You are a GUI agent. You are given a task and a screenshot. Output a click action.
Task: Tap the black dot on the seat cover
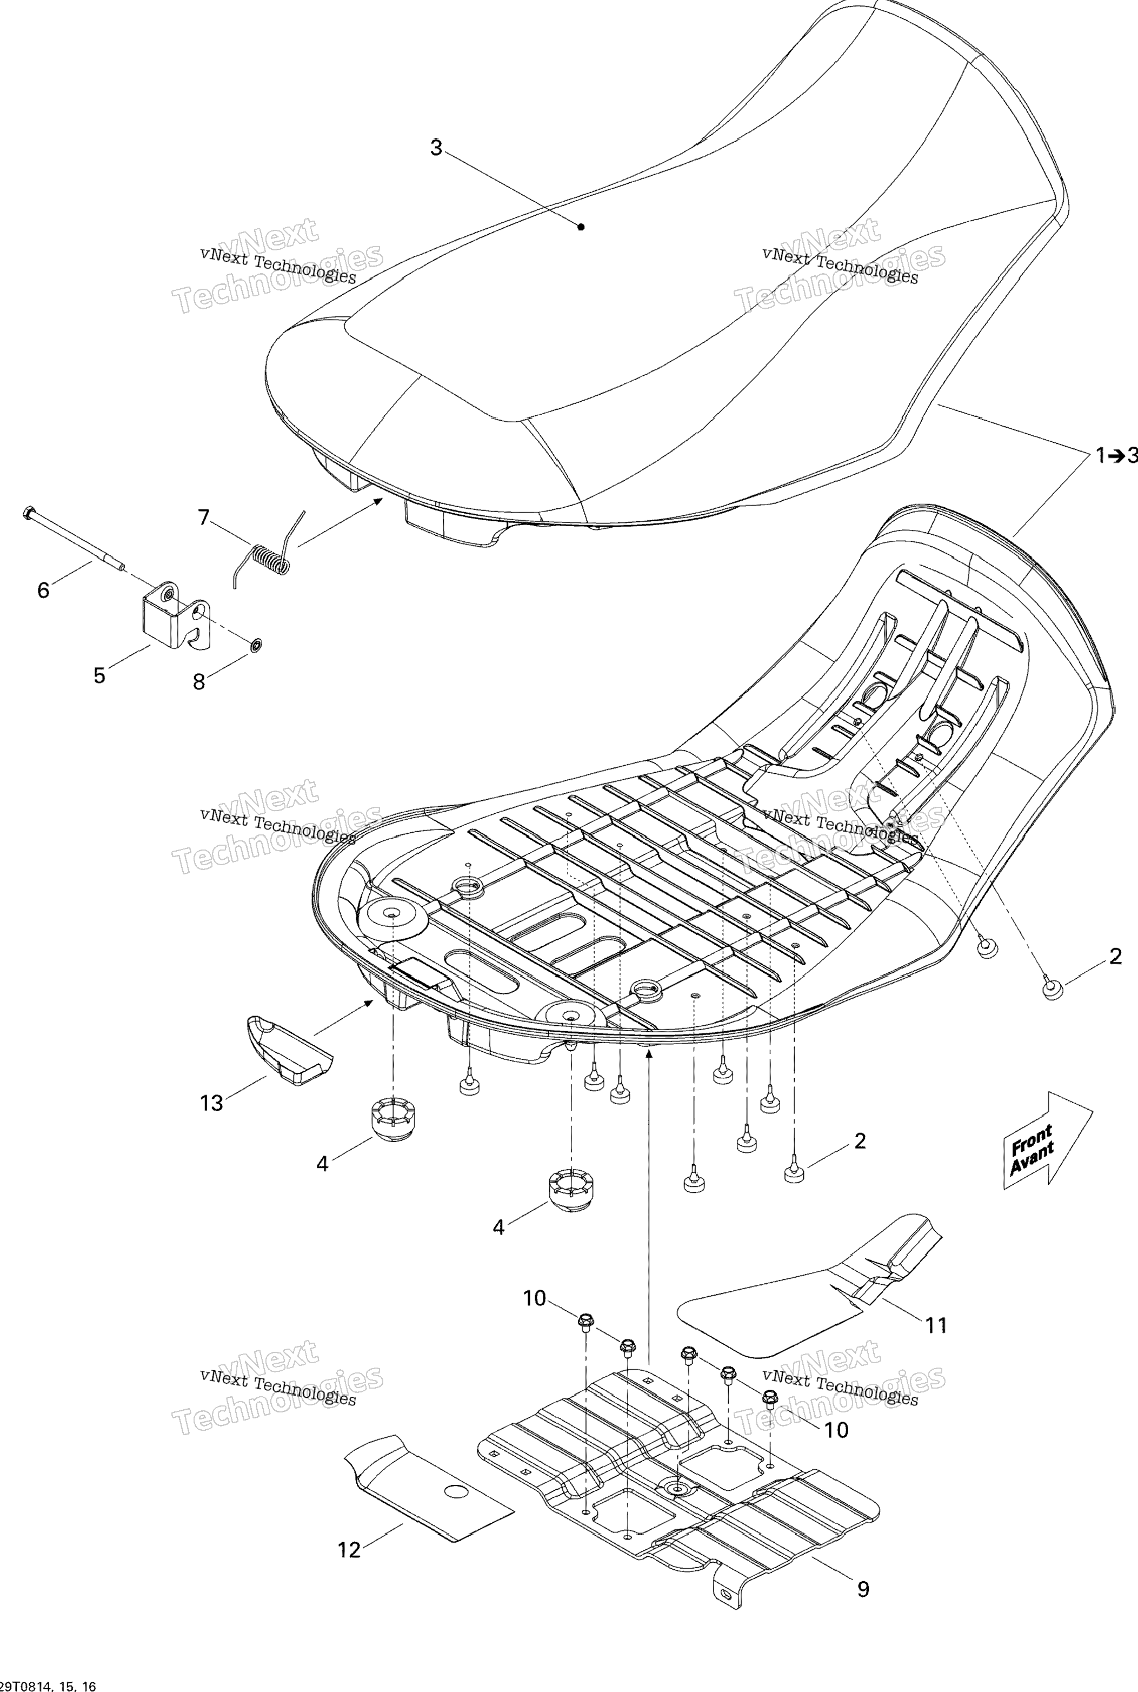pyautogui.click(x=581, y=227)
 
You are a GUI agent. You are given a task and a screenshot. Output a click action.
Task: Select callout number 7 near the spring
pyautogui.click(x=204, y=517)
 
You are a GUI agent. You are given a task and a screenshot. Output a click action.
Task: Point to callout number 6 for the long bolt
pyautogui.click(x=44, y=590)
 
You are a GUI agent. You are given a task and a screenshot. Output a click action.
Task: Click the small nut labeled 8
pyautogui.click(x=256, y=644)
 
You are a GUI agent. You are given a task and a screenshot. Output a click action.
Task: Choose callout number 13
pyautogui.click(x=211, y=1103)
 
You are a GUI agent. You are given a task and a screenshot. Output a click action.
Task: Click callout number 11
pyautogui.click(x=936, y=1325)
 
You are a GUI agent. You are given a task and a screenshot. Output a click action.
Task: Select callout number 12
pyautogui.click(x=349, y=1550)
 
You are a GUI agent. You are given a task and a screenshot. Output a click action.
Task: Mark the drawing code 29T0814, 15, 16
pyautogui.click(x=48, y=1685)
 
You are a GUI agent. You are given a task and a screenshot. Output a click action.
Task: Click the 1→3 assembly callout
pyautogui.click(x=1116, y=455)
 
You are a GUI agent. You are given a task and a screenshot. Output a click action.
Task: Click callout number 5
pyautogui.click(x=99, y=675)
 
